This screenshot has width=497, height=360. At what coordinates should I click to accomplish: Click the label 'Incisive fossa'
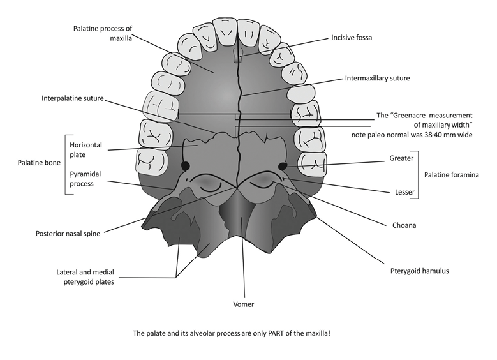pyautogui.click(x=351, y=38)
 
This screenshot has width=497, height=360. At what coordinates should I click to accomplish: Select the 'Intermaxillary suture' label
pyautogui.click(x=377, y=79)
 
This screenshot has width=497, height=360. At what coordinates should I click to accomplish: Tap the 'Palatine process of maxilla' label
pyautogui.click(x=102, y=33)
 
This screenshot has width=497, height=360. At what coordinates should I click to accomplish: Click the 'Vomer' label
pyautogui.click(x=244, y=304)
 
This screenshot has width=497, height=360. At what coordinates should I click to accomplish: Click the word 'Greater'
pyautogui.click(x=401, y=158)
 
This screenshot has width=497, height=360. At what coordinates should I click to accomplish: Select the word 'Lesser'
pyautogui.click(x=403, y=191)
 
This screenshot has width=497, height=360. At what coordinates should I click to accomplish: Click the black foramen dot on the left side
pyautogui.click(x=186, y=166)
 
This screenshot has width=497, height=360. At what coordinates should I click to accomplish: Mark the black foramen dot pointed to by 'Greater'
pyautogui.click(x=282, y=167)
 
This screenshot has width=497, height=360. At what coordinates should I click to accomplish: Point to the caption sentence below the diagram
pyautogui.click(x=249, y=333)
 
